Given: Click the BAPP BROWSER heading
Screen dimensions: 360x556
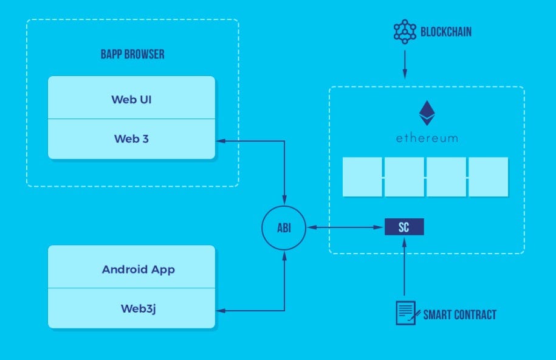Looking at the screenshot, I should tap(132, 55).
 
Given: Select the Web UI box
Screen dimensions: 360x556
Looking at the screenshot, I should tap(131, 98).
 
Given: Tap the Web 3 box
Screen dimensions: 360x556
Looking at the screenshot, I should tap(131, 139).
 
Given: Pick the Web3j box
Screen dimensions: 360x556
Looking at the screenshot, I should tap(131, 308).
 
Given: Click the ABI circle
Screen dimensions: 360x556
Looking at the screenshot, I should tap(284, 228).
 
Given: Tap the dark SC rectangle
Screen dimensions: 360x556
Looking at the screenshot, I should tap(403, 227).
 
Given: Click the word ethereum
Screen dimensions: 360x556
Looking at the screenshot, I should tap(427, 139).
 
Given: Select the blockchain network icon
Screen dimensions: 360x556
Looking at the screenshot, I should tap(404, 32).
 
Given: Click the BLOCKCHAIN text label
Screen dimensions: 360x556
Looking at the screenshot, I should tap(446, 32).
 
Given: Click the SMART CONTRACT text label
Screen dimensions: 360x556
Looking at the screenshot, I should tap(460, 314).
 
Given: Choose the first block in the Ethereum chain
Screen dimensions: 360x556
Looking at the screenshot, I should tap(362, 177).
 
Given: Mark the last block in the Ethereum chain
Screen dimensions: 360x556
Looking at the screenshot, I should tap(488, 177).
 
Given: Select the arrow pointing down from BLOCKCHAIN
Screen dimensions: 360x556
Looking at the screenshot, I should tap(404, 63).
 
